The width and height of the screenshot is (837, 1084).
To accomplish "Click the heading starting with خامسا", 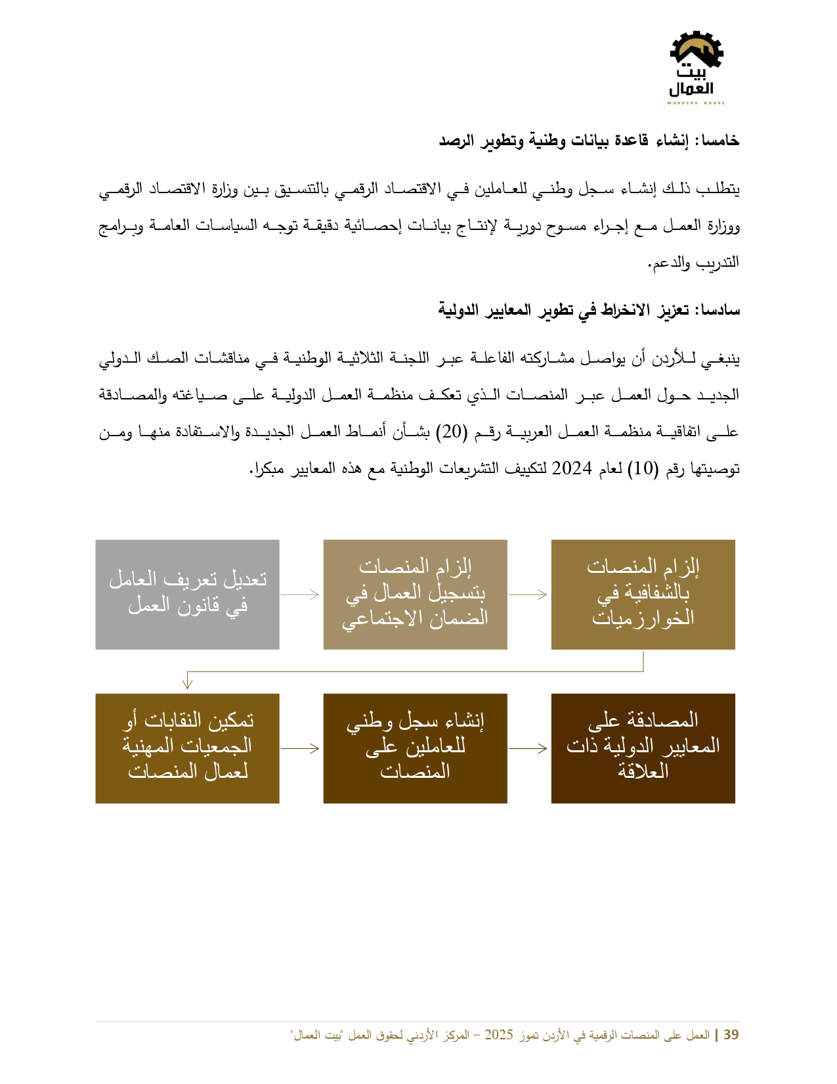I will (x=589, y=141).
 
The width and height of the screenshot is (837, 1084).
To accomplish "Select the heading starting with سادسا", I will (x=589, y=309).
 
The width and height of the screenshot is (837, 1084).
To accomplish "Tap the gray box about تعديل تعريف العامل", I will (x=187, y=595).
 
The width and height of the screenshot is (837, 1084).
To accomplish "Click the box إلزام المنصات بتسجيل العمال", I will (x=415, y=595).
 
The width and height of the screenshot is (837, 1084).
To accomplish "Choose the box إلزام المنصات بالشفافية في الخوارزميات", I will (x=643, y=595).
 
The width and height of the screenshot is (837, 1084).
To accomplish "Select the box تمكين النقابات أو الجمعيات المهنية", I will (x=187, y=748).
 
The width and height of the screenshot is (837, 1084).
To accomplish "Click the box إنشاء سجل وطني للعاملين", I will (x=415, y=748).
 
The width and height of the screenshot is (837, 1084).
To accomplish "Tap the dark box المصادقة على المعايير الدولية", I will (x=643, y=748).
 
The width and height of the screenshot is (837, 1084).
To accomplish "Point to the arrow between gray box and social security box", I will (x=301, y=595).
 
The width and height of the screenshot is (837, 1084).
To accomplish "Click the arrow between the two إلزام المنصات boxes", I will (x=528, y=595).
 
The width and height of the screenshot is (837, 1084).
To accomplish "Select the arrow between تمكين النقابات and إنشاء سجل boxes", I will (x=301, y=748).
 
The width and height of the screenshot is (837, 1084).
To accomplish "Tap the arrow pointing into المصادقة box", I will (x=528, y=748).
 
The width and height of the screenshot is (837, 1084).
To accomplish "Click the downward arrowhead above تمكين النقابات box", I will (x=188, y=684).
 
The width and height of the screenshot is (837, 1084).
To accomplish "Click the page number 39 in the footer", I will (x=731, y=1035).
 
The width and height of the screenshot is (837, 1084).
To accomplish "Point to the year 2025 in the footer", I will (x=499, y=1035).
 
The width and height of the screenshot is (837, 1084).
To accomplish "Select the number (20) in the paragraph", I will (x=452, y=432).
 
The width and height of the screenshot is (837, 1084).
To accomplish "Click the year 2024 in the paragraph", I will (x=572, y=468).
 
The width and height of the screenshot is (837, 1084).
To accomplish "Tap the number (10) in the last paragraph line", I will (x=643, y=468).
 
